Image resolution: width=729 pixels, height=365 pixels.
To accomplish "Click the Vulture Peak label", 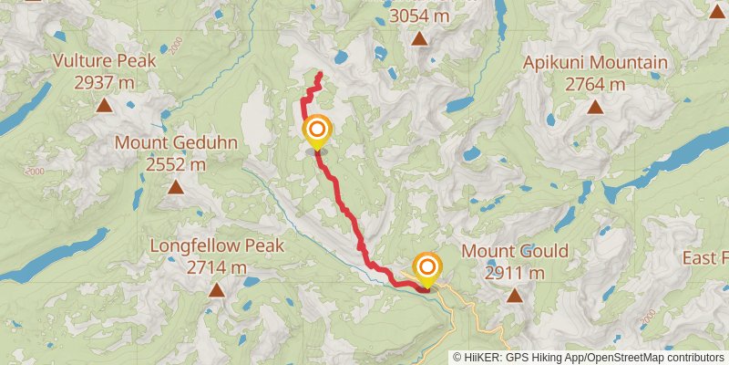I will click(104, 61).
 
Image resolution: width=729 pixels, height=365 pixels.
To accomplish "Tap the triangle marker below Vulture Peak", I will click(105, 105).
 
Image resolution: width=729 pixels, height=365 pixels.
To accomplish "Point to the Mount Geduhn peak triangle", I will click(175, 187).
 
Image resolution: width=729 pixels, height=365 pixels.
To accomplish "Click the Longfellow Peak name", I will click(217, 246).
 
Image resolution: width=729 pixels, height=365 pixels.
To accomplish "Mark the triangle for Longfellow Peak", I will click(217, 290).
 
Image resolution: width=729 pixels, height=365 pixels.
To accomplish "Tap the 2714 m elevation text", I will click(217, 267).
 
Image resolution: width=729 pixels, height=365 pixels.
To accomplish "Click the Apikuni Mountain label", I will click(595, 63).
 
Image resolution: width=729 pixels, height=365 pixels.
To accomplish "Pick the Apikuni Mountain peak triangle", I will click(595, 107).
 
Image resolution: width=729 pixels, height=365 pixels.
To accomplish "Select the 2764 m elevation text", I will click(595, 84).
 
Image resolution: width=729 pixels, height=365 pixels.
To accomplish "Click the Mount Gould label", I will click(515, 251).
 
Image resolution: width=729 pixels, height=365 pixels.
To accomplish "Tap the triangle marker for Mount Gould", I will click(515, 295).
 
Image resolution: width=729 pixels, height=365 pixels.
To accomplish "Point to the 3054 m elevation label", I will click(419, 16).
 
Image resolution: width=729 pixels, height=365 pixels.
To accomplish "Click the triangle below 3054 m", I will click(419, 38).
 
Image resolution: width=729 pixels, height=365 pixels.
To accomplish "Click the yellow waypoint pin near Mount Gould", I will click(426, 267).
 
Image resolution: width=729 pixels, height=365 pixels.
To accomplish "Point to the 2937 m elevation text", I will click(104, 82).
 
